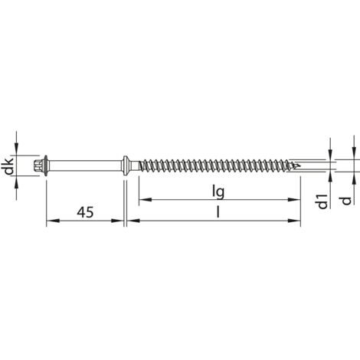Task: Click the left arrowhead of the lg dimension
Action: [x=143, y=201]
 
